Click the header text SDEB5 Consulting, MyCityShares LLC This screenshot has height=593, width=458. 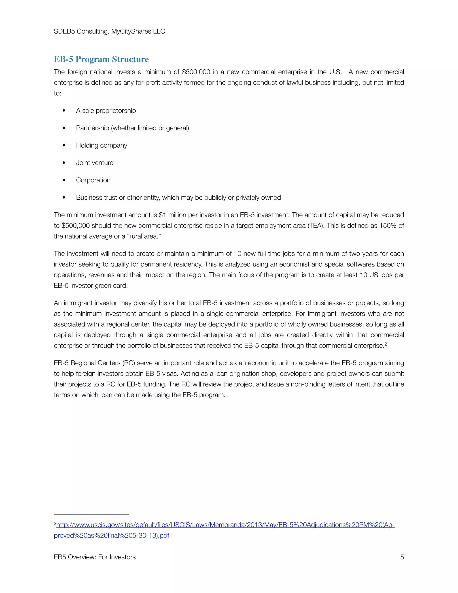[109, 32]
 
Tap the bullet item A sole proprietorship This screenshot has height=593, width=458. [106, 111]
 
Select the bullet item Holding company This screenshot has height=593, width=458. [102, 145]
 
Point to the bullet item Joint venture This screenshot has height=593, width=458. [94, 163]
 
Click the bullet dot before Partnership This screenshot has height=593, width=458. [64, 128]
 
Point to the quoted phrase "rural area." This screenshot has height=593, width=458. [144, 236]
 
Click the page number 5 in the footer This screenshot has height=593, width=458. [402, 557]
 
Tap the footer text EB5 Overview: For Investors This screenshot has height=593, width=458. [95, 557]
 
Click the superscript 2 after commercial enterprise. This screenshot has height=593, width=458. [386, 344]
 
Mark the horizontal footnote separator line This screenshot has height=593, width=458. [91, 514]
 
